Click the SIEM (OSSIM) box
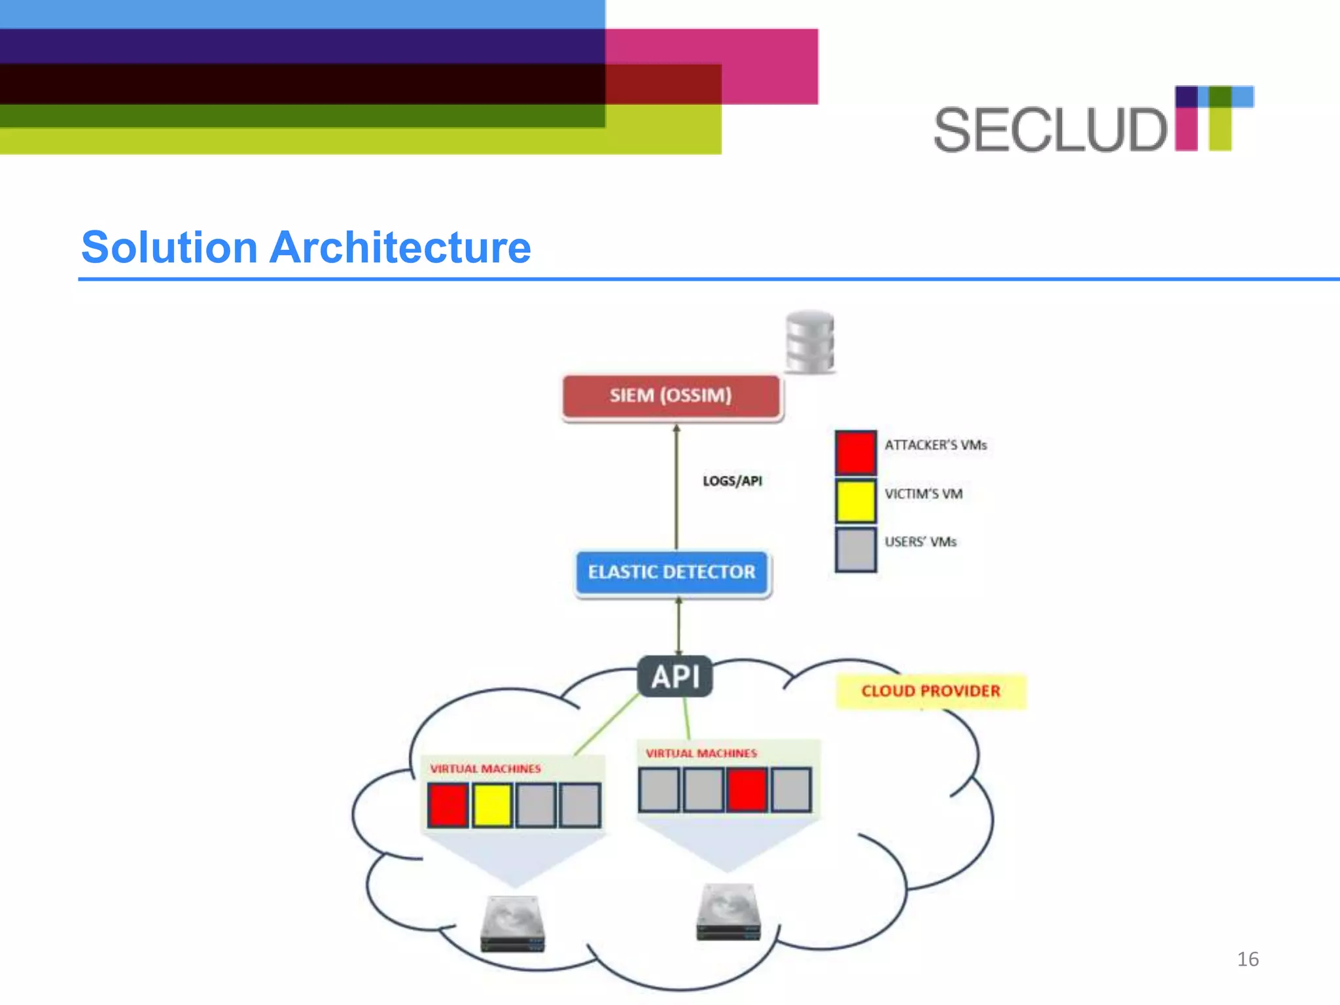click(x=671, y=396)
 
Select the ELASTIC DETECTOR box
click(x=672, y=573)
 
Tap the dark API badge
click(x=675, y=677)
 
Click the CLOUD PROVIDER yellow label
click(x=930, y=692)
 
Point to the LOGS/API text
click(x=732, y=481)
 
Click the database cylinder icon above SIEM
click(x=810, y=342)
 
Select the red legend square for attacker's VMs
click(x=855, y=452)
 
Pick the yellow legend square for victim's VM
click(x=855, y=501)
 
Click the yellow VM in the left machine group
click(x=492, y=805)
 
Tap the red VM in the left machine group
click(x=448, y=805)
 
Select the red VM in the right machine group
click(x=747, y=790)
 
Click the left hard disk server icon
click(x=513, y=923)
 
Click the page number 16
click(x=1248, y=959)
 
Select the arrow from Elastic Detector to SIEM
click(x=677, y=487)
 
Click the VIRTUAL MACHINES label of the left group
click(x=485, y=769)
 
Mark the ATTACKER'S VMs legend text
click(x=936, y=446)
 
